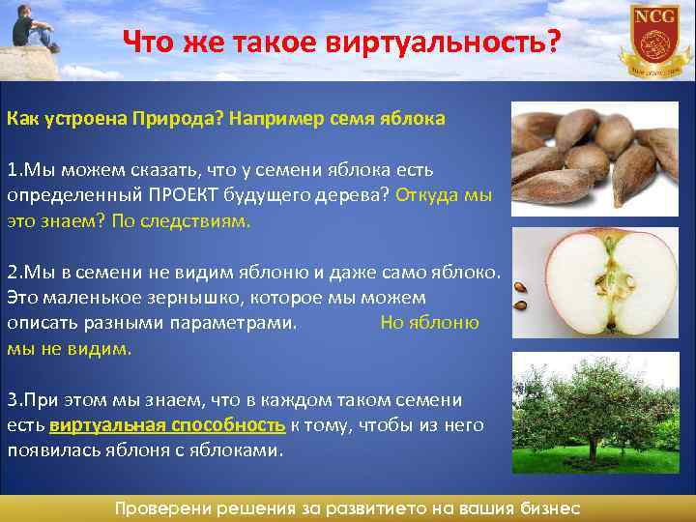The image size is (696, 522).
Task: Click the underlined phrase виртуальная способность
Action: point(166,425)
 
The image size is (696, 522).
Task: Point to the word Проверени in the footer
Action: point(163,508)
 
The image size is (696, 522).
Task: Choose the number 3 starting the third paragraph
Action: point(12,399)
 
